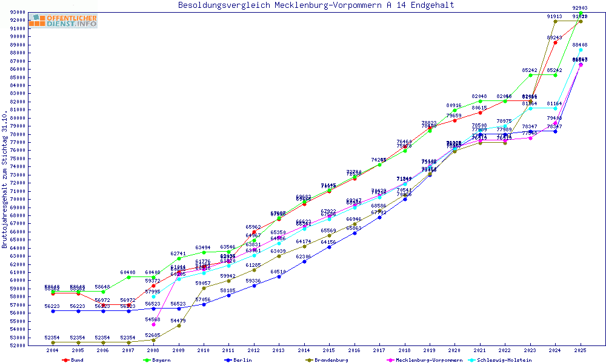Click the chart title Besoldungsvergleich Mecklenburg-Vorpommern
(316, 5)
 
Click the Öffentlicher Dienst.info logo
(62, 21)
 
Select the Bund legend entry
(73, 360)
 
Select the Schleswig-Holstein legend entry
(504, 360)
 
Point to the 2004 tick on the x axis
(53, 350)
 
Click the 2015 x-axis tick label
(329, 350)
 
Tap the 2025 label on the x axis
(581, 350)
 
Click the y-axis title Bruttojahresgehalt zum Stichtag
(5, 180)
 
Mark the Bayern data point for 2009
(178, 258)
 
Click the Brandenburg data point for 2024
(555, 21)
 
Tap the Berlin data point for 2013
(279, 276)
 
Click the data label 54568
(153, 319)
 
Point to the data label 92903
(580, 8)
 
